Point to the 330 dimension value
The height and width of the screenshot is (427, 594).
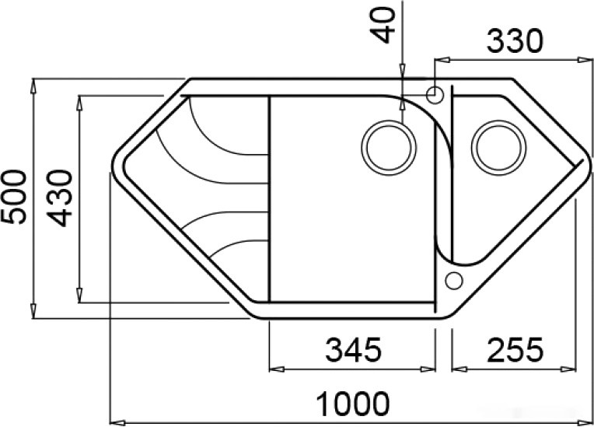tap(515, 41)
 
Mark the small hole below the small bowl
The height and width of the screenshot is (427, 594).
tap(453, 279)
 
